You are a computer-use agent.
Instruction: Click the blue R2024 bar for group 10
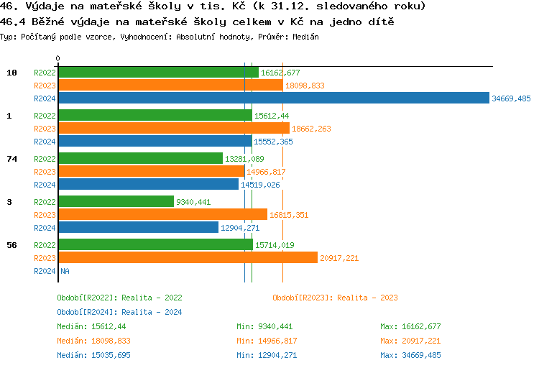point(273,98)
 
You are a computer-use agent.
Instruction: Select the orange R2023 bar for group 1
point(173,129)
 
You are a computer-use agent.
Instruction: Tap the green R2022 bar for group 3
point(116,202)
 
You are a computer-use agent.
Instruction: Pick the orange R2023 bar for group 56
point(188,258)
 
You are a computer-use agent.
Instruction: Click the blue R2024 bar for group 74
point(148,185)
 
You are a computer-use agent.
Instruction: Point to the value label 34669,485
point(511,98)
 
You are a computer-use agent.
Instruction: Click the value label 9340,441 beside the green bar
point(193,202)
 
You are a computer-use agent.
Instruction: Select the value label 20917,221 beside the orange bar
point(339,258)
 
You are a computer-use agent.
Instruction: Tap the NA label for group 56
point(65,271)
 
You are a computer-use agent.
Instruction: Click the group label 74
point(11,159)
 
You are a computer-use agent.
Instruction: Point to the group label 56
point(11,245)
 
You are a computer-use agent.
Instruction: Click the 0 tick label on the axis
point(58,59)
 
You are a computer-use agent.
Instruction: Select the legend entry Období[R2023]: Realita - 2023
point(336,298)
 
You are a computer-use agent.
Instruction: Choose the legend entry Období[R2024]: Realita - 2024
point(119,312)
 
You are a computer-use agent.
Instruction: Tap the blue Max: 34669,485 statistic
point(410,355)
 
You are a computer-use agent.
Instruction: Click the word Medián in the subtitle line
point(305,37)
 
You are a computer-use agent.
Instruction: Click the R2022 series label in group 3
point(45,202)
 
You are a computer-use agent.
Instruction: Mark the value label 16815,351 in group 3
point(289,215)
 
